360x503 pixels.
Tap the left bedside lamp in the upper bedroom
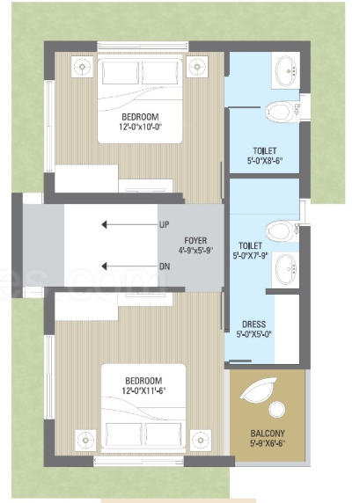click(x=82, y=67)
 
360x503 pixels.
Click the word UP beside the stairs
click(x=164, y=225)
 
